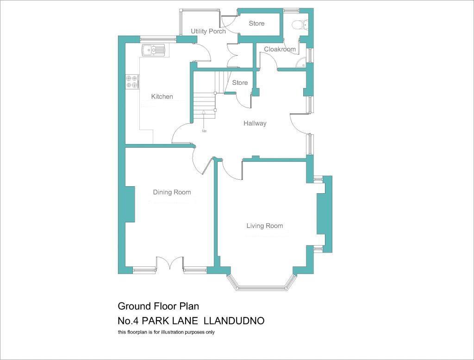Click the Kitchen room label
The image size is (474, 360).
click(162, 96)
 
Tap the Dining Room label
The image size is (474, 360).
click(172, 192)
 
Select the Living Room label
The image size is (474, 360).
click(264, 226)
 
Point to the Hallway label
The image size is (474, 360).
click(255, 123)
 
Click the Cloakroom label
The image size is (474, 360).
click(280, 49)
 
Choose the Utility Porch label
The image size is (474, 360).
click(208, 31)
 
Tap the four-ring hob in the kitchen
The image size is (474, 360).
click(132, 82)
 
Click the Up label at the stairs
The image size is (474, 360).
click(204, 131)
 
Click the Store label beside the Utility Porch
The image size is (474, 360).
click(256, 23)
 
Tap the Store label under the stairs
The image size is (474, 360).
click(240, 82)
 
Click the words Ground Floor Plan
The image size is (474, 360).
click(158, 306)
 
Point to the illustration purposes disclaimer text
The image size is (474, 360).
click(166, 332)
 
